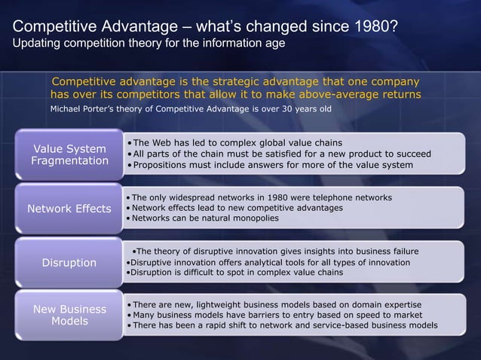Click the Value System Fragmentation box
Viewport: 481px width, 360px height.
[x=69, y=154]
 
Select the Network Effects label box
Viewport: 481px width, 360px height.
[x=69, y=208]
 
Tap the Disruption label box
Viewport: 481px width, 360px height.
[x=69, y=262]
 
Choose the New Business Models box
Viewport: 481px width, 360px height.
[x=69, y=316]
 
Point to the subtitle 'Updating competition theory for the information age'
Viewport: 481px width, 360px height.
[x=148, y=44]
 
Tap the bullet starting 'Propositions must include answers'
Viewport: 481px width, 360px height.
[x=272, y=164]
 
